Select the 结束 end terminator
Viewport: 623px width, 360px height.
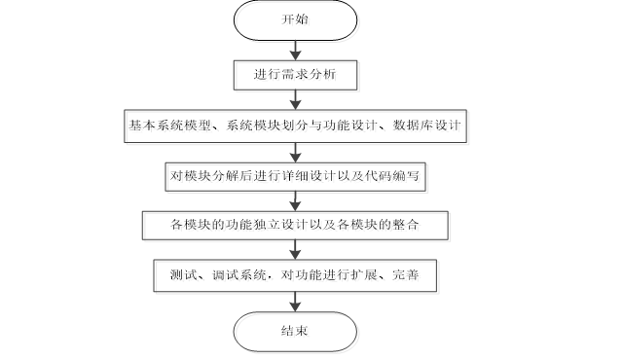click(297, 331)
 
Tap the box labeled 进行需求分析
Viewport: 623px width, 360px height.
click(297, 74)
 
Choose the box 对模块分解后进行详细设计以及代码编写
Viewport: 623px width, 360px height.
click(297, 177)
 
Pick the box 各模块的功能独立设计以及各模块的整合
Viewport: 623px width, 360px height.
click(297, 227)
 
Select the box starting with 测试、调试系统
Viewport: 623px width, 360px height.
click(297, 276)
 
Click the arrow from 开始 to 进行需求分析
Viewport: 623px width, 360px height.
click(297, 50)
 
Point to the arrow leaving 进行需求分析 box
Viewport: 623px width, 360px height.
click(297, 100)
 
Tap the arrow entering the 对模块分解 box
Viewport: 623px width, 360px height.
click(297, 152)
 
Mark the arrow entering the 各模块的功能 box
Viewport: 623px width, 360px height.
click(297, 202)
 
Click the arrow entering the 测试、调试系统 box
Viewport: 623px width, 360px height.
click(297, 252)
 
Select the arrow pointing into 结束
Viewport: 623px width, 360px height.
click(297, 302)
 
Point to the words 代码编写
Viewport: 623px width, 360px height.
click(404, 177)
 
